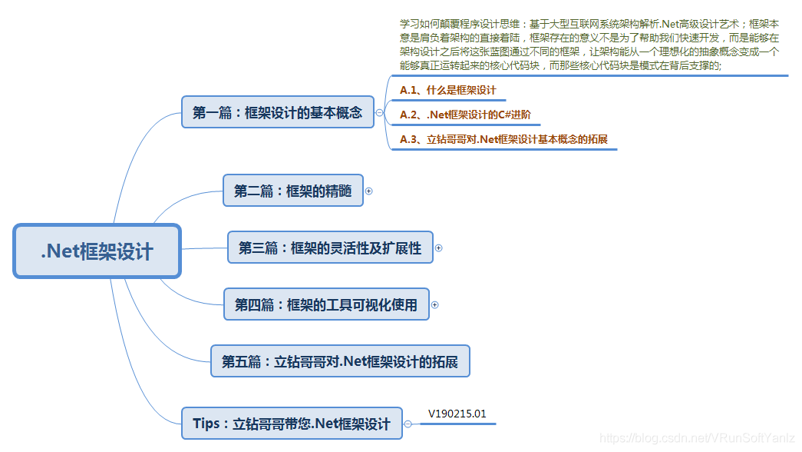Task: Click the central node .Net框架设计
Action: pyautogui.click(x=97, y=251)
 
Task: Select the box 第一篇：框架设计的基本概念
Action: pyautogui.click(x=278, y=111)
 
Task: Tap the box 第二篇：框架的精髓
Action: pyautogui.click(x=293, y=191)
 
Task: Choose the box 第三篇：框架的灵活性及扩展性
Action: pyautogui.click(x=331, y=248)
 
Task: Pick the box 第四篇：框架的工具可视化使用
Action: pyautogui.click(x=326, y=304)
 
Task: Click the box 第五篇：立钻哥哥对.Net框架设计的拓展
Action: pyautogui.click(x=340, y=361)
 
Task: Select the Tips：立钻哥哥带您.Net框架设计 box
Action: pyautogui.click(x=292, y=424)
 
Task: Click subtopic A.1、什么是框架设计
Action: pyautogui.click(x=448, y=90)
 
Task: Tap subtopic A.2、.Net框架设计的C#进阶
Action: pyautogui.click(x=465, y=115)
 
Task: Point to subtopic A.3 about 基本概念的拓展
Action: pyautogui.click(x=503, y=139)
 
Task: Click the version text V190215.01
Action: pyautogui.click(x=457, y=414)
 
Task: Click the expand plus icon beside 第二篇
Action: pyautogui.click(x=369, y=191)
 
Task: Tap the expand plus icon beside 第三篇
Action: pyautogui.click(x=438, y=248)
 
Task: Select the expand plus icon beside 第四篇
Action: pyautogui.click(x=434, y=305)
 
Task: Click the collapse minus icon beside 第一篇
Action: pyautogui.click(x=380, y=112)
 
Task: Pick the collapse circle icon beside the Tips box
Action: pyautogui.click(x=408, y=424)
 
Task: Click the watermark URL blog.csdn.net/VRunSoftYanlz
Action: pyautogui.click(x=697, y=438)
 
